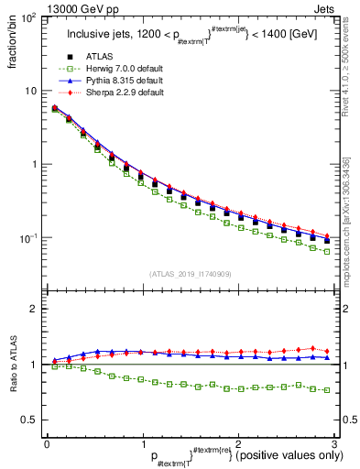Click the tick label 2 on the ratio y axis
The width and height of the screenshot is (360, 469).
pyautogui.click(x=34, y=310)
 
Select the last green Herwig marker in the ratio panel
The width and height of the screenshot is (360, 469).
pyautogui.click(x=327, y=390)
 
